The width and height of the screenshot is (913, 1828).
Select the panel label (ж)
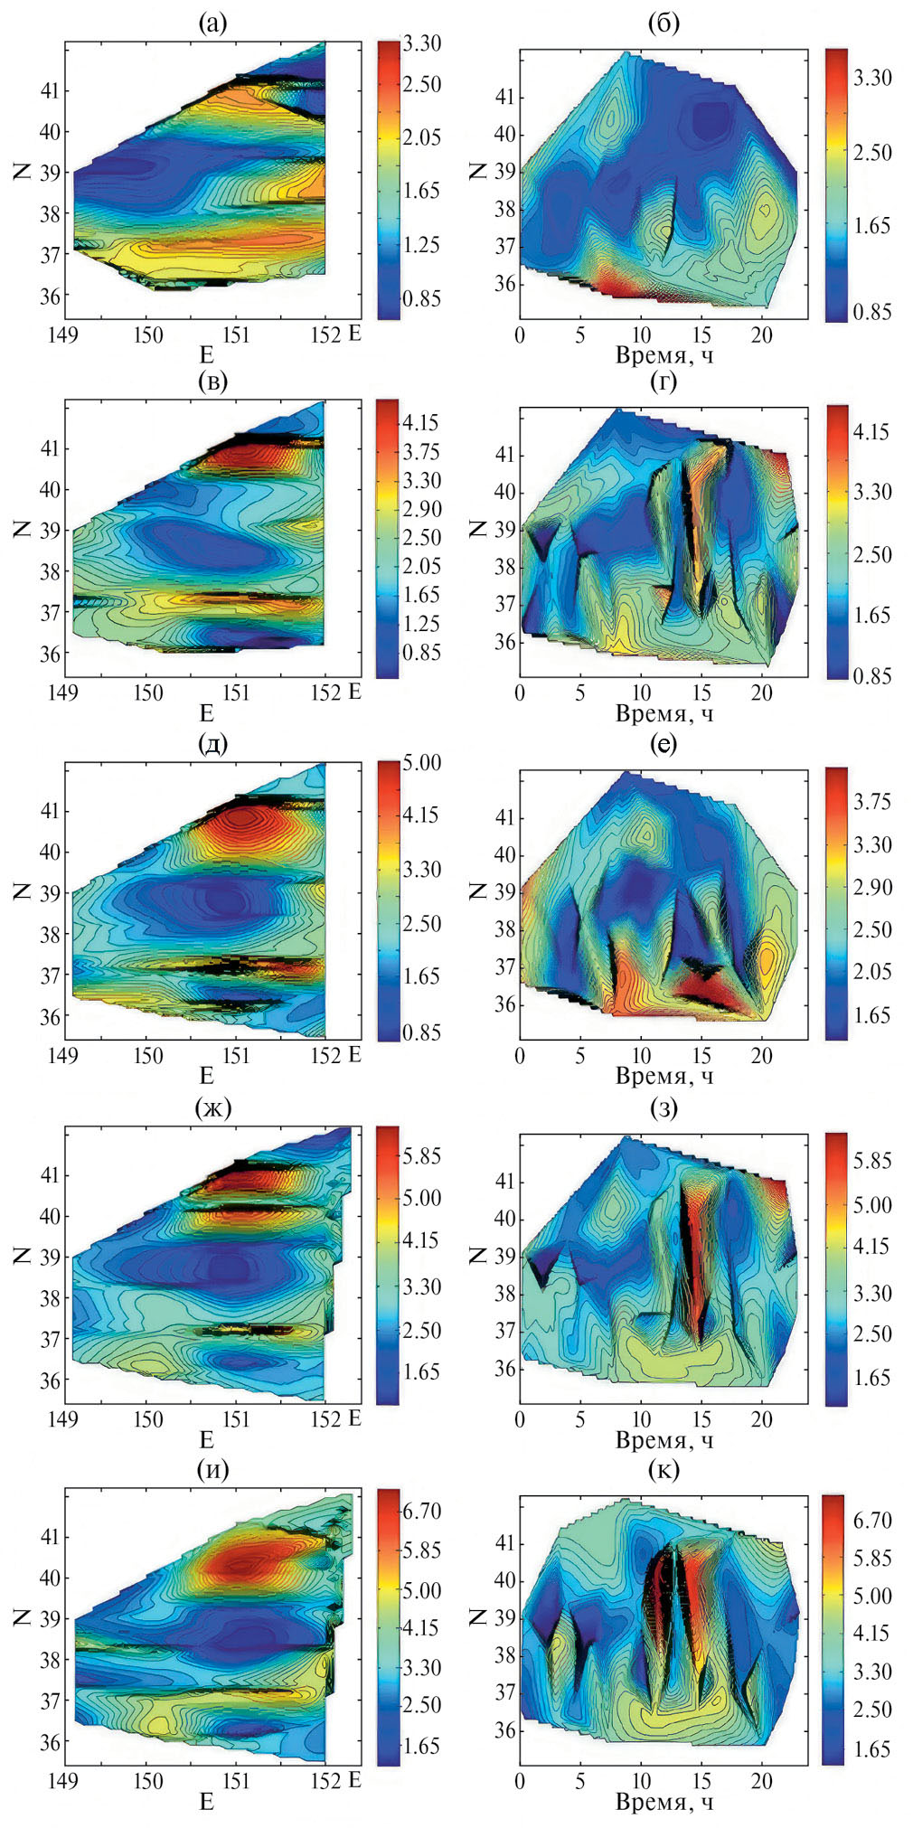click(212, 1107)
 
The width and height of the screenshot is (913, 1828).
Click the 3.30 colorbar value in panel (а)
click(422, 42)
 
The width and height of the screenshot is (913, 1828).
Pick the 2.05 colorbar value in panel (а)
click(422, 137)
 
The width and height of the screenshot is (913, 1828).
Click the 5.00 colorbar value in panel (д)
click(422, 762)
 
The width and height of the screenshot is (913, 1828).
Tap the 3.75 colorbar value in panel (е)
click(872, 802)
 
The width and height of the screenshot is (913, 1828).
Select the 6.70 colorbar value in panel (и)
click(422, 1511)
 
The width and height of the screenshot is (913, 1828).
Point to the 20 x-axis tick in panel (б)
click(762, 335)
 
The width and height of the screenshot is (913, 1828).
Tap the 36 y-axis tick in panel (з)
click(504, 1369)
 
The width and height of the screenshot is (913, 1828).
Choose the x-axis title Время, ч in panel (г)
click(664, 714)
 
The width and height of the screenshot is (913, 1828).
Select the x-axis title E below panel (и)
click(206, 1801)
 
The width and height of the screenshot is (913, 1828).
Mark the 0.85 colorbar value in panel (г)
click(872, 675)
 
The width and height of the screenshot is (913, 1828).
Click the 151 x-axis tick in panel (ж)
click(235, 1418)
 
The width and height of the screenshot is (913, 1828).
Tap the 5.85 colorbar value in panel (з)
click(872, 1160)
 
